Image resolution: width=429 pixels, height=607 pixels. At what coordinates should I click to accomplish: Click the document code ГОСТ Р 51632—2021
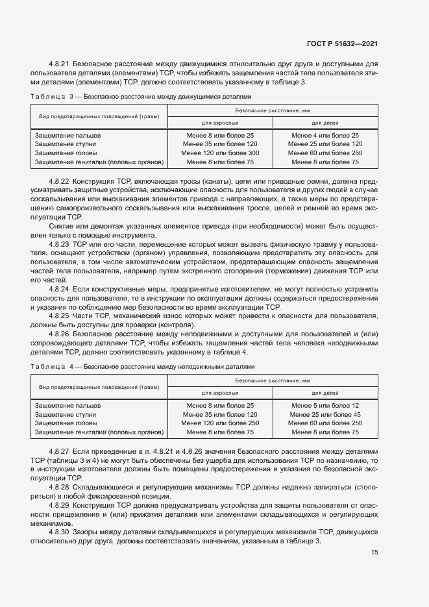pos(342,43)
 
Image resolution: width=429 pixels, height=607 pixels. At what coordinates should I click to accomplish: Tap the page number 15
pos(374,552)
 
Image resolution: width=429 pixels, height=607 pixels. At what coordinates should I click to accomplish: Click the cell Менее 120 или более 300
pos(220,153)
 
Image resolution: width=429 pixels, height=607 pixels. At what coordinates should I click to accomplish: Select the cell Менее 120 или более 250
pos(220,423)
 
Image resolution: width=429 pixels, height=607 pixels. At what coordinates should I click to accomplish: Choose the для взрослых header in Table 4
pos(220,392)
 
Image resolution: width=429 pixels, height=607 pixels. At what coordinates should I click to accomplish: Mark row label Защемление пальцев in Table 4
pos(65,405)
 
